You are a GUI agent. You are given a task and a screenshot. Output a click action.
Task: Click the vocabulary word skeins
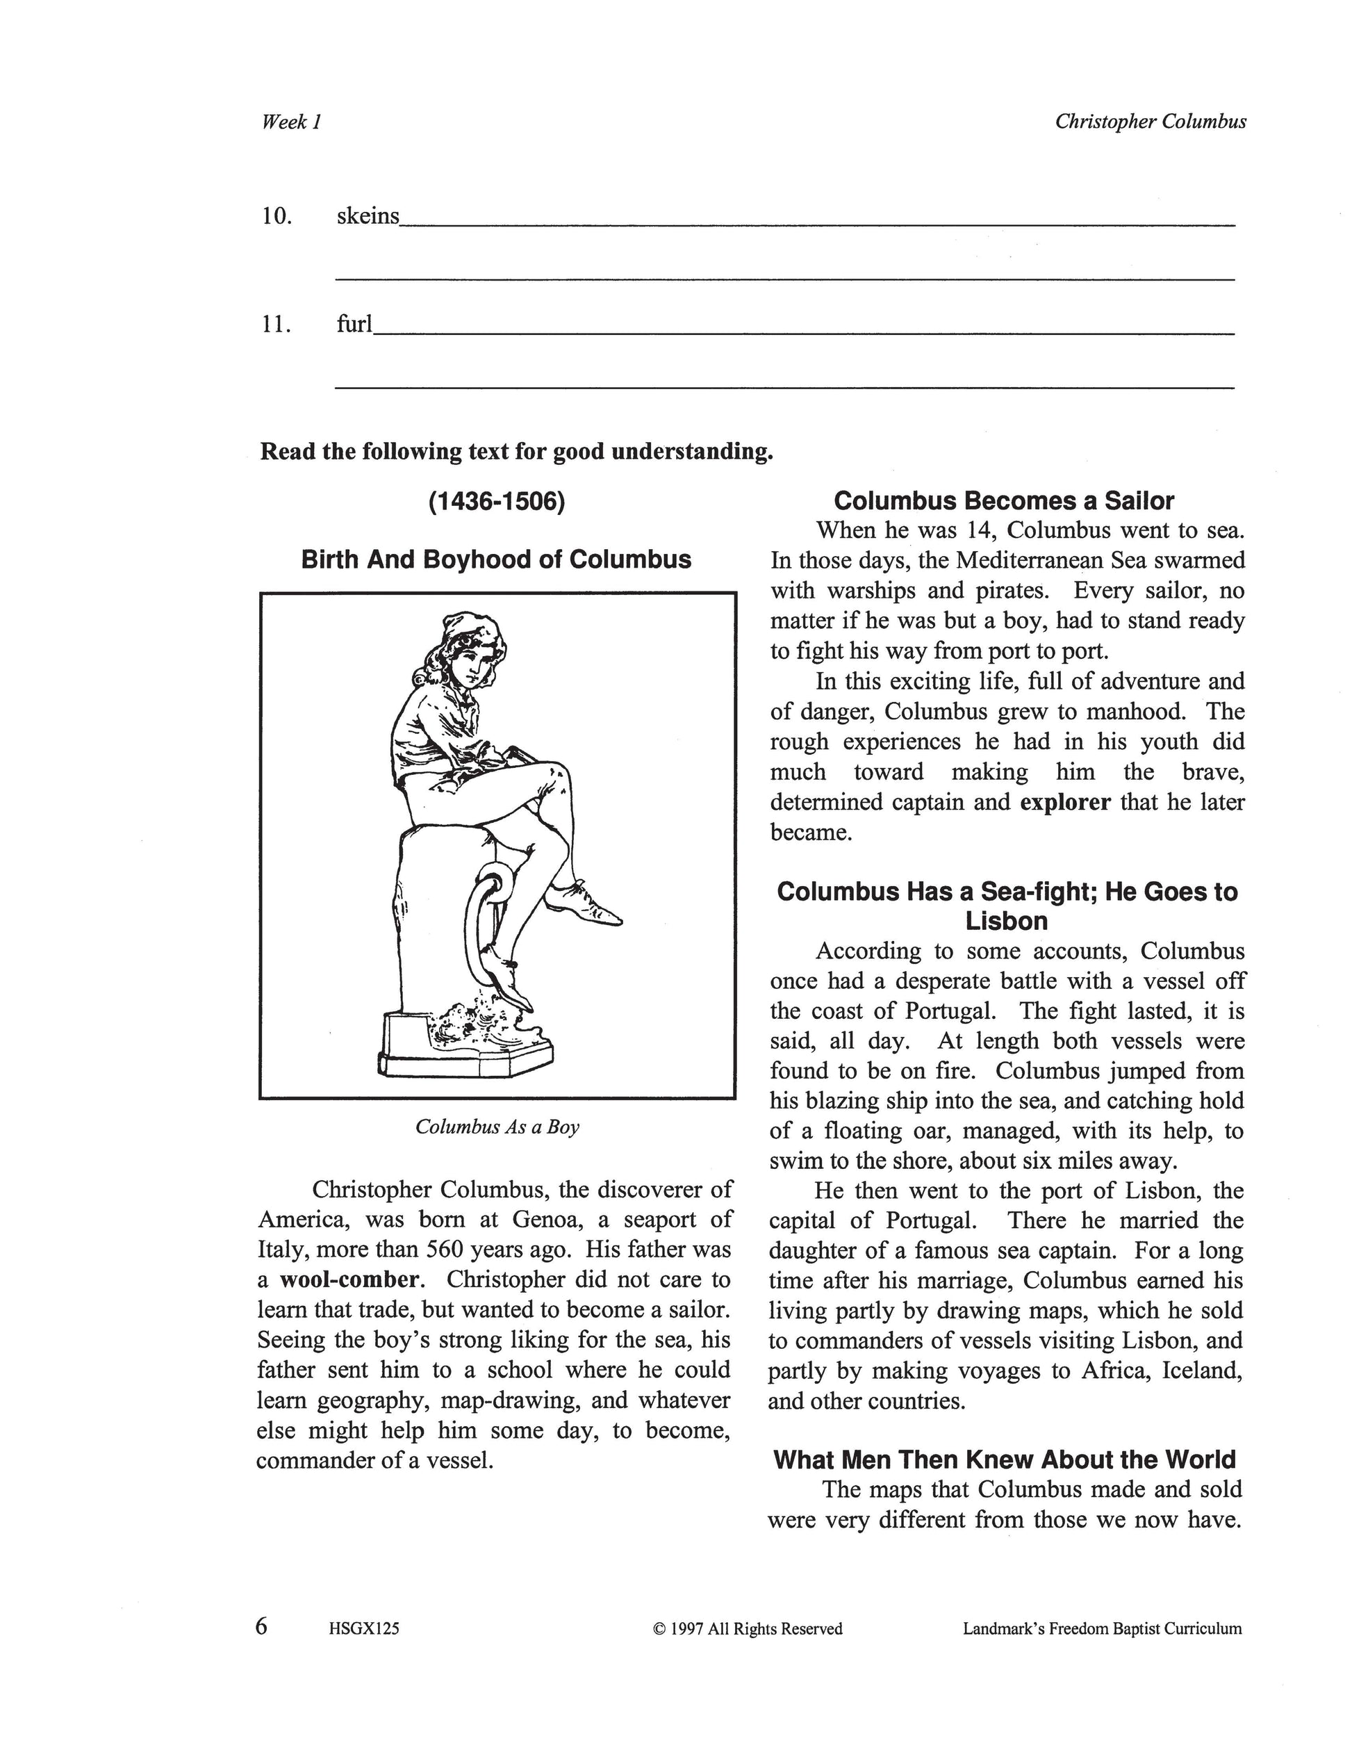click(368, 216)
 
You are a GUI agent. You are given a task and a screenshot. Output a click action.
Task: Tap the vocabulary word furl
click(355, 325)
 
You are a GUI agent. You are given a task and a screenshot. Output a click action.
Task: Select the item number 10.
click(277, 216)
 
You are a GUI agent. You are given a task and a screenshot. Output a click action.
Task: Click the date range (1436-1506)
click(497, 502)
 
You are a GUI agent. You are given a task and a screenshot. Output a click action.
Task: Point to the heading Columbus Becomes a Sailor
click(1004, 502)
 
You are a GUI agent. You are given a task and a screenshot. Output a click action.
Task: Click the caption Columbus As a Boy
click(497, 1127)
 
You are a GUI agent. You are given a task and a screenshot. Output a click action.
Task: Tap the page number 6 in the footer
click(261, 1628)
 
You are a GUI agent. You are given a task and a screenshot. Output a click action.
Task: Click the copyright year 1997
click(686, 1629)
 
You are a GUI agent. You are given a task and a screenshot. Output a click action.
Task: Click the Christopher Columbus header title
click(1150, 122)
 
